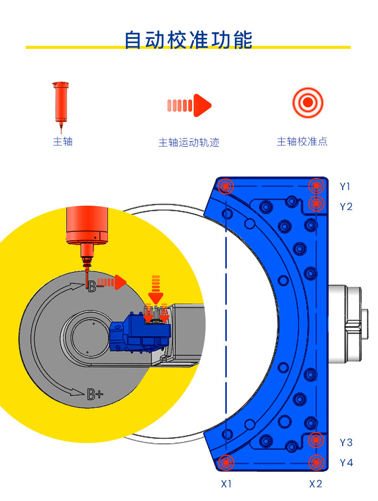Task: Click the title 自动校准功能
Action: [188, 40]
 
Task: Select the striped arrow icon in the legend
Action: [189, 105]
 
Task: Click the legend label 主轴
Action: [63, 142]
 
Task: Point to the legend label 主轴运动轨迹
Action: [189, 143]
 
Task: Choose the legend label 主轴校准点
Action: [302, 142]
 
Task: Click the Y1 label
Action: [345, 186]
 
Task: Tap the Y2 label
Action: [346, 207]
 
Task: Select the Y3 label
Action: [346, 443]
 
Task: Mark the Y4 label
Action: [346, 463]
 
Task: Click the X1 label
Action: [226, 484]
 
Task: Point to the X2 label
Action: [316, 484]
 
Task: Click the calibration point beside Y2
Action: [316, 204]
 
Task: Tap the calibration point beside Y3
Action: [316, 440]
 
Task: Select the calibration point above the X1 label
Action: [227, 462]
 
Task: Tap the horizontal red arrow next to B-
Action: [111, 282]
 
